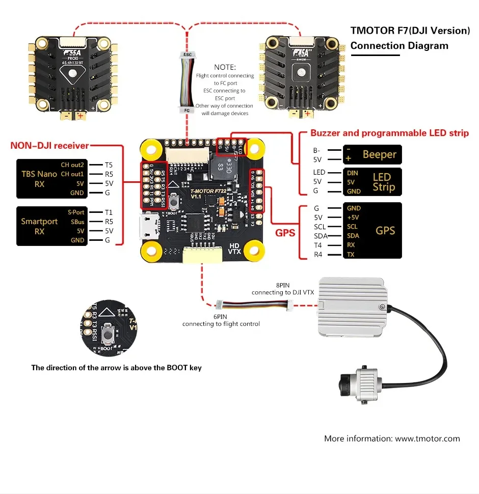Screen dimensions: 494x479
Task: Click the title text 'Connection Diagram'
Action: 399,46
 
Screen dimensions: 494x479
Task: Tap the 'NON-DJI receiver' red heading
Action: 49,146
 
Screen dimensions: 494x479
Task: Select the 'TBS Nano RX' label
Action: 39,179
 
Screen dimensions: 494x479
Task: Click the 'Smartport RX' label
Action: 39,226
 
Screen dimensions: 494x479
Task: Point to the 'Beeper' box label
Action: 380,154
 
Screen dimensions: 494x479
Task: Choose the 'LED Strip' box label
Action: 383,182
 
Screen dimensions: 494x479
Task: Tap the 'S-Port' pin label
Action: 76,212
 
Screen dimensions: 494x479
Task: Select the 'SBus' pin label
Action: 77,222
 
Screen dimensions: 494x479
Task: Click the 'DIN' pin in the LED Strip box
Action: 352,173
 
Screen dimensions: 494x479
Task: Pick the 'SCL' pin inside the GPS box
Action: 352,227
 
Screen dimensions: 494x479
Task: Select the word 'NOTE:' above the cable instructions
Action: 225,67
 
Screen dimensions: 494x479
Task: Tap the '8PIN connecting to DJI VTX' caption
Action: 285,289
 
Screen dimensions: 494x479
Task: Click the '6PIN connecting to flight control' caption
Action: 221,320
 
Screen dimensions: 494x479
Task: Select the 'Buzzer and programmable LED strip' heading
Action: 389,133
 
